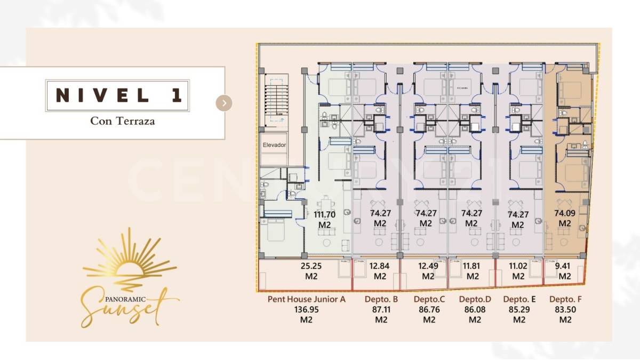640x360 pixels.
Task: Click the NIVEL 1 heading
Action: [118, 95]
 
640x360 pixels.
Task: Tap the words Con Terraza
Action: [122, 121]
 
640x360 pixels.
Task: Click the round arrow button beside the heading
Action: [224, 103]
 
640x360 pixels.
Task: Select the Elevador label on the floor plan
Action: [274, 145]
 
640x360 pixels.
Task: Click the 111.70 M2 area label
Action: [325, 219]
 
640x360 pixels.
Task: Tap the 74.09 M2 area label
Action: [564, 218]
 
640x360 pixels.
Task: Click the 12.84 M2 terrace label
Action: [380, 271]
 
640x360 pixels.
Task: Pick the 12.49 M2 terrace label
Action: [428, 271]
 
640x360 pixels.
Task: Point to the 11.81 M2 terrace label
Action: [473, 271]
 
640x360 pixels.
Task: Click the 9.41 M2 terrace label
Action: [564, 271]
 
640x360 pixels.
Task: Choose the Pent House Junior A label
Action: [306, 299]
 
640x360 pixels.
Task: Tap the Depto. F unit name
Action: [565, 299]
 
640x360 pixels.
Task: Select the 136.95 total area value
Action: [306, 309]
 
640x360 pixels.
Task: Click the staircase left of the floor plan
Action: [275, 100]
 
